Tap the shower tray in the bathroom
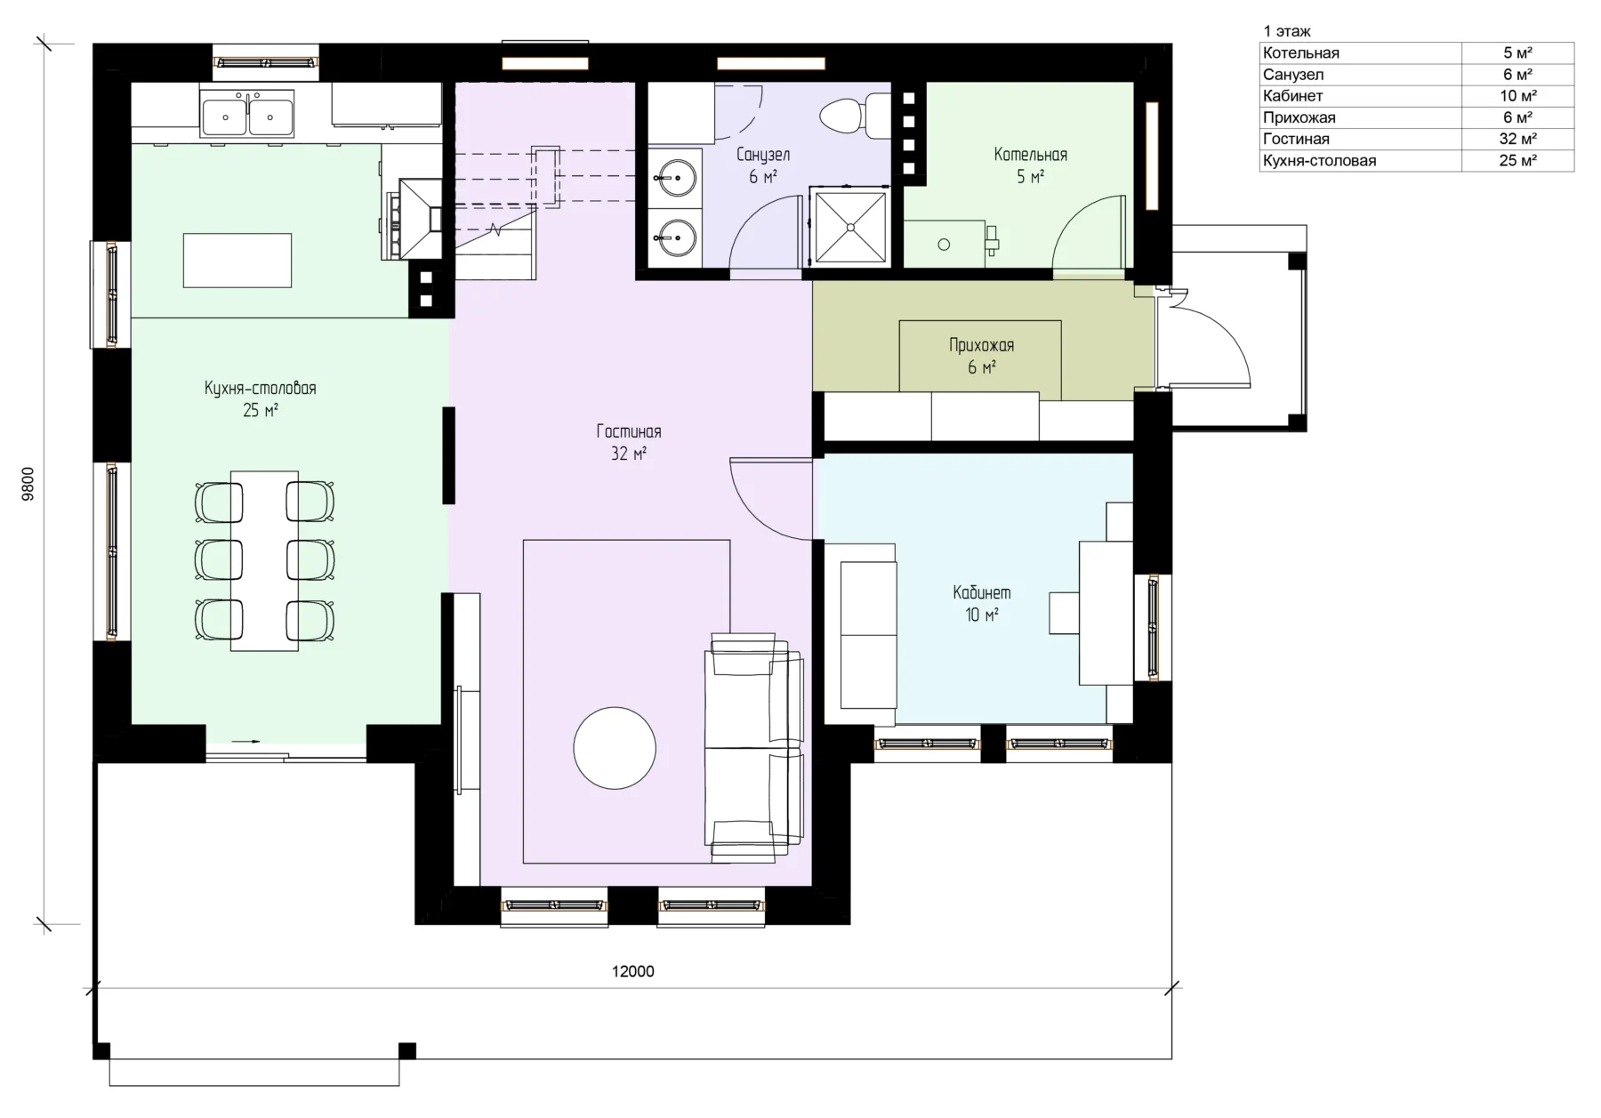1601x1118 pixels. click(850, 226)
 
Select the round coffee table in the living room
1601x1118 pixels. click(615, 748)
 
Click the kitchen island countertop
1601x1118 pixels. click(237, 260)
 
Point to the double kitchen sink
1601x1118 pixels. click(248, 117)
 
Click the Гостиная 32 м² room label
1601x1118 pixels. click(629, 442)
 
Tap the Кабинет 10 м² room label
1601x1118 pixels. click(982, 603)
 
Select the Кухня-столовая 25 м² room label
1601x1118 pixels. click(261, 398)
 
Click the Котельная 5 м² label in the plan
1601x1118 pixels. click(1031, 165)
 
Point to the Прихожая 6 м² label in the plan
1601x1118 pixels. click(982, 356)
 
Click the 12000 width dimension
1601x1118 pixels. click(633, 971)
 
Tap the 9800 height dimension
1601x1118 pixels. click(28, 485)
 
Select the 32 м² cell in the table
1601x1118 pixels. click(1518, 139)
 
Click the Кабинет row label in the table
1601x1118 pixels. click(1292, 96)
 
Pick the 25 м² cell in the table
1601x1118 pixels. click(1518, 161)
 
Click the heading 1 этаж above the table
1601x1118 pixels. click(1287, 32)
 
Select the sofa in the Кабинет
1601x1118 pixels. click(860, 634)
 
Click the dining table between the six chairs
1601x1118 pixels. click(264, 560)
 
